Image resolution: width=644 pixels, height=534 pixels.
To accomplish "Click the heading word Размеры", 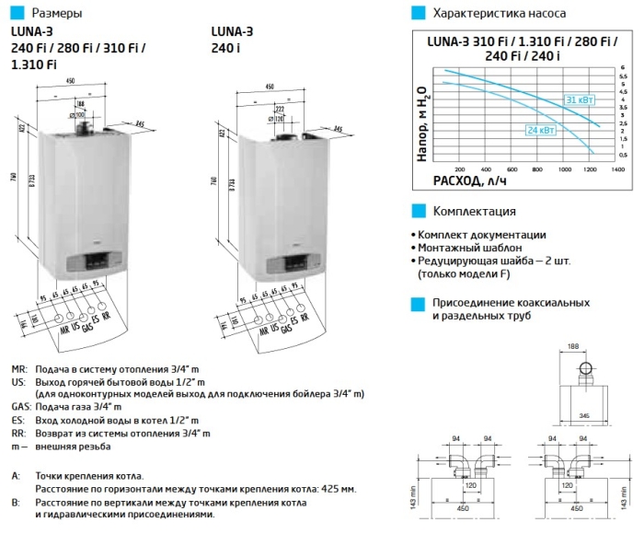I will pos(56,14).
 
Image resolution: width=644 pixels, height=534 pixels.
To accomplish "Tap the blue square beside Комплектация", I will pos(417,211).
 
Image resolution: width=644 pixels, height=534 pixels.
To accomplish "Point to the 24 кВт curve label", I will pos(541,131).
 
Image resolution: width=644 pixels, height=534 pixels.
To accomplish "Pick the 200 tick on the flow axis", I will pos(460,169).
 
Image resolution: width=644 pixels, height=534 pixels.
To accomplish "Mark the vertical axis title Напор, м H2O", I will pos(421,120).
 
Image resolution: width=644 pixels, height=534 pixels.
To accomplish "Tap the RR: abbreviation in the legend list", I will pos(18,432).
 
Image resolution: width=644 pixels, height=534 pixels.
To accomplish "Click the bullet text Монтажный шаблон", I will pos(468,249).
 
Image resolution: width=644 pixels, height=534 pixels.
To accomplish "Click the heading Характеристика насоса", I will pos(499,14).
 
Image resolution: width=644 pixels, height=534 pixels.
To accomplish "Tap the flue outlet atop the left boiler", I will pos(84,121).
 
